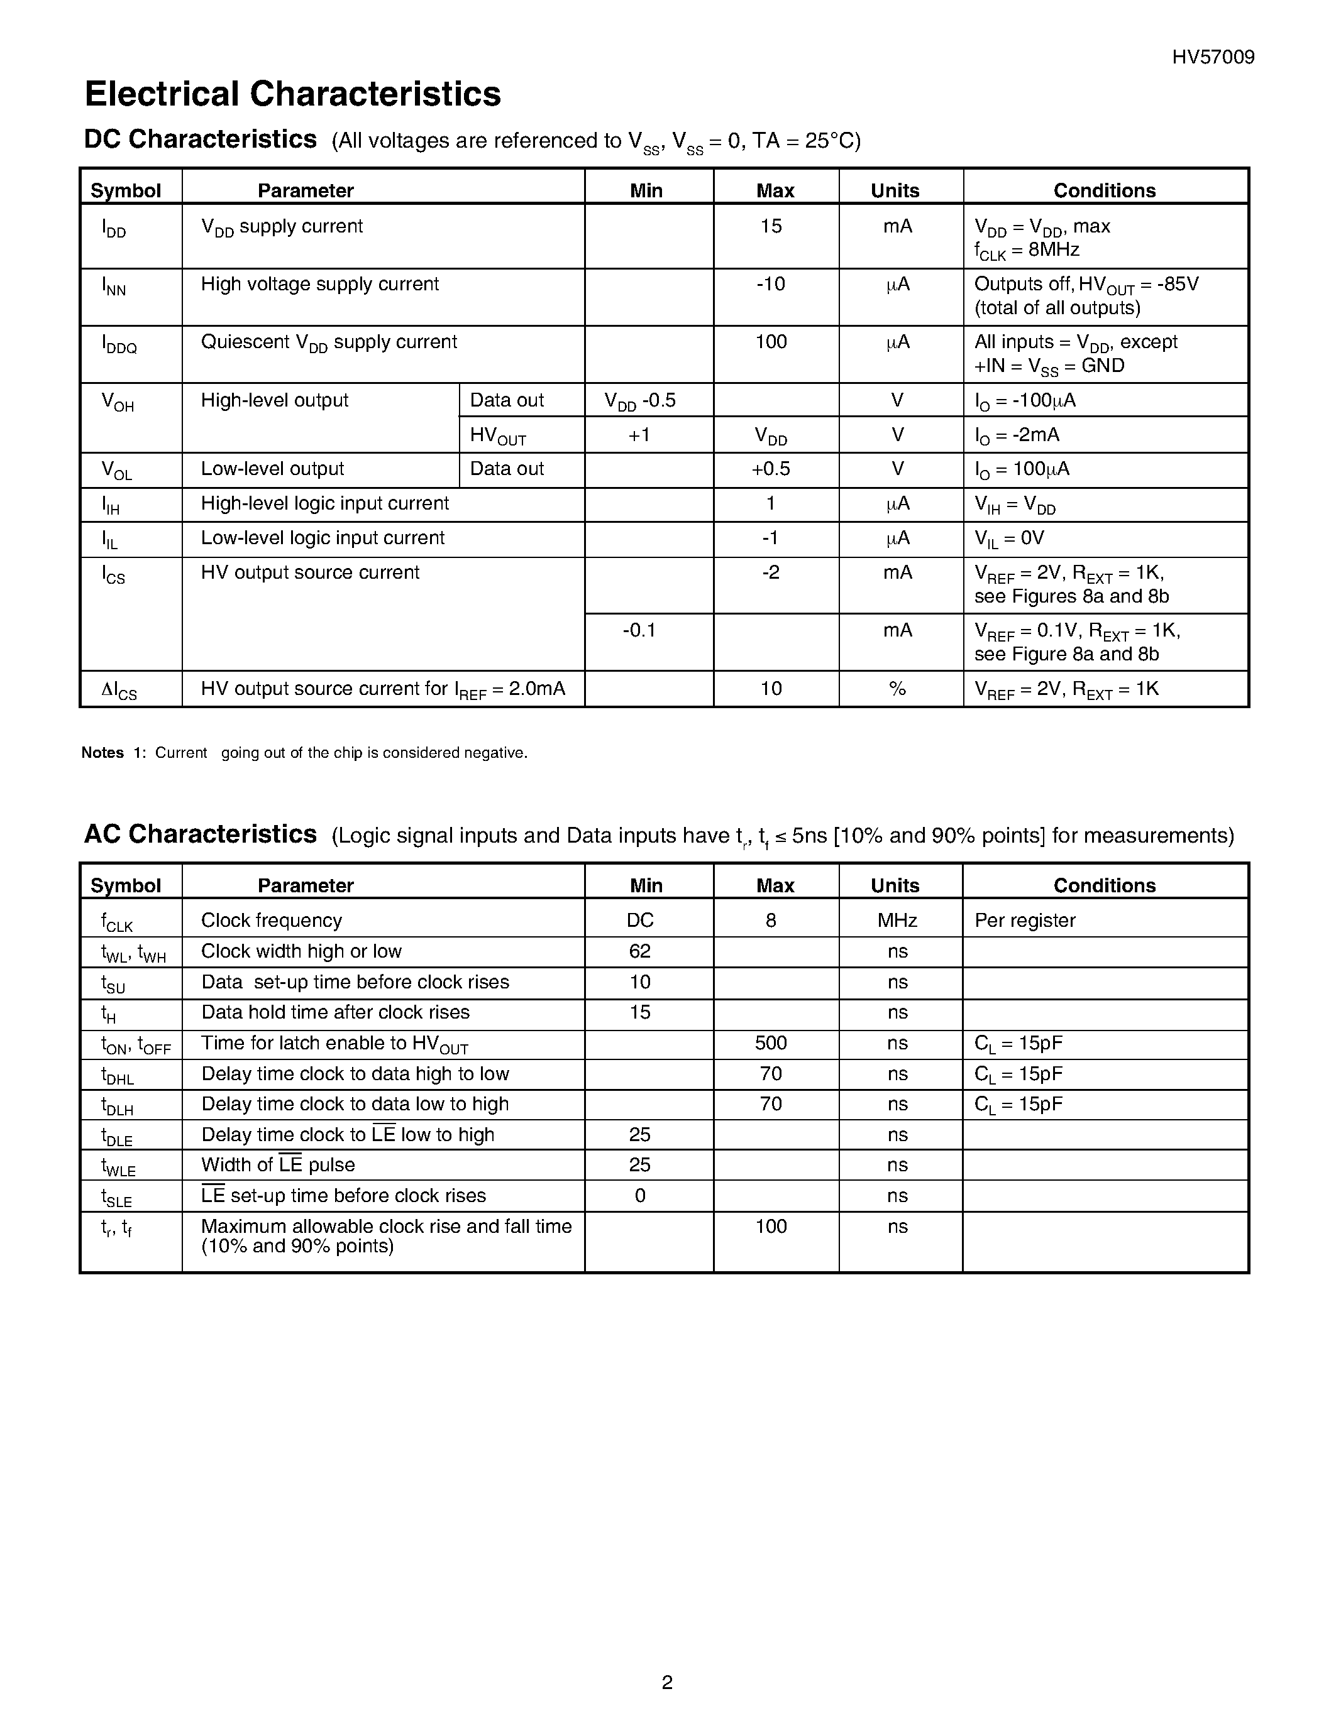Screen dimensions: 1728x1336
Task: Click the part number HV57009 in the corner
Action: point(1213,57)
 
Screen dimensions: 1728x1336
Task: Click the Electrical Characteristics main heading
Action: point(292,94)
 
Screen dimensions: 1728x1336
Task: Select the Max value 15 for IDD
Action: point(771,227)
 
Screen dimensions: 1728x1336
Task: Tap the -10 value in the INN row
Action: point(771,284)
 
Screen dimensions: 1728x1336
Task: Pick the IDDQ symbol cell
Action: point(119,344)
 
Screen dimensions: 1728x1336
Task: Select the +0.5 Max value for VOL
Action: point(771,469)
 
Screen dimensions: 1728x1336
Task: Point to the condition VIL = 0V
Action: point(1009,539)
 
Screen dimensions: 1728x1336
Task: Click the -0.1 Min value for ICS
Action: point(639,631)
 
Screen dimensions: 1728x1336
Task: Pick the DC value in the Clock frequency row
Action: point(640,920)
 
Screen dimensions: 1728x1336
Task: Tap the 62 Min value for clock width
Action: point(639,951)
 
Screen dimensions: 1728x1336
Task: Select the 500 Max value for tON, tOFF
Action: point(771,1043)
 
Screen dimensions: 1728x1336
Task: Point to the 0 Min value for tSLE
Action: point(640,1196)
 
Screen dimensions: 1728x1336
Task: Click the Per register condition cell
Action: point(1025,920)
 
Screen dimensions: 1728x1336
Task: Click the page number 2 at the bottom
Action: point(666,1682)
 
